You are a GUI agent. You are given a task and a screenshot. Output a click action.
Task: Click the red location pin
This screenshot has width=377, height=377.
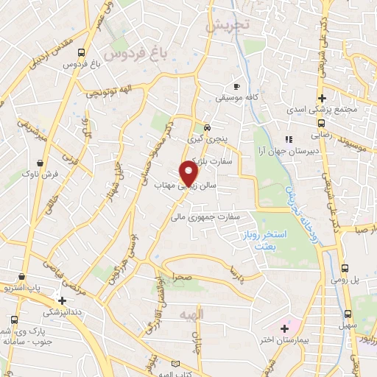[190, 173]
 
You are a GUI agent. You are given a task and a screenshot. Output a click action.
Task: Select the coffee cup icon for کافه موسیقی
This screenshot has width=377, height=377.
[236, 85]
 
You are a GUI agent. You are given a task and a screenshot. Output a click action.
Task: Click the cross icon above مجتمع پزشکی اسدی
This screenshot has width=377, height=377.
[322, 98]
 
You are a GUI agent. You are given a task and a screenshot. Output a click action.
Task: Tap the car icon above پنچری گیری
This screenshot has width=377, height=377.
[208, 127]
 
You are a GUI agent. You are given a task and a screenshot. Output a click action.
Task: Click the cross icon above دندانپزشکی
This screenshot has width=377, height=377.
[62, 300]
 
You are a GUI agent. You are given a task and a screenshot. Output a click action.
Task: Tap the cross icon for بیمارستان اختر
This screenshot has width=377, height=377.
[286, 325]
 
